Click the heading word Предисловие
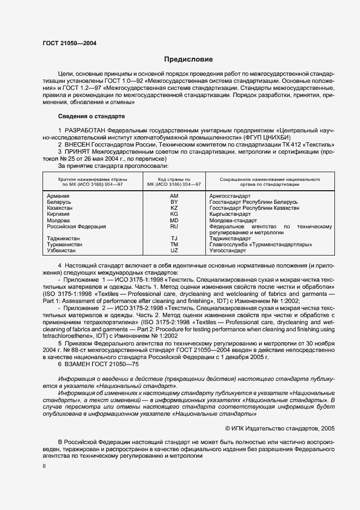pyautogui.click(x=189, y=59)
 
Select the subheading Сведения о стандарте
pyautogui.click(x=91, y=116)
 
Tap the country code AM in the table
pyautogui.click(x=174, y=196)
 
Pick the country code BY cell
pyautogui.click(x=174, y=202)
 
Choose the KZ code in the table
pyautogui.click(x=174, y=208)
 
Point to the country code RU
pyautogui.click(x=174, y=226)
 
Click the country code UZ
pyautogui.click(x=174, y=251)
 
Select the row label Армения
pyautogui.click(x=58, y=196)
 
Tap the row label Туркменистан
pyautogui.click(x=65, y=245)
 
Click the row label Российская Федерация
pyautogui.click(x=75, y=226)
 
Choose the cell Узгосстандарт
pyautogui.click(x=228, y=251)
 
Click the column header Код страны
pyautogui.click(x=174, y=179)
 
